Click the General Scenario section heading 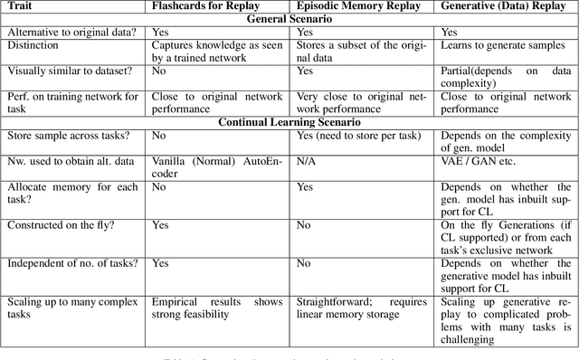click(x=289, y=17)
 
